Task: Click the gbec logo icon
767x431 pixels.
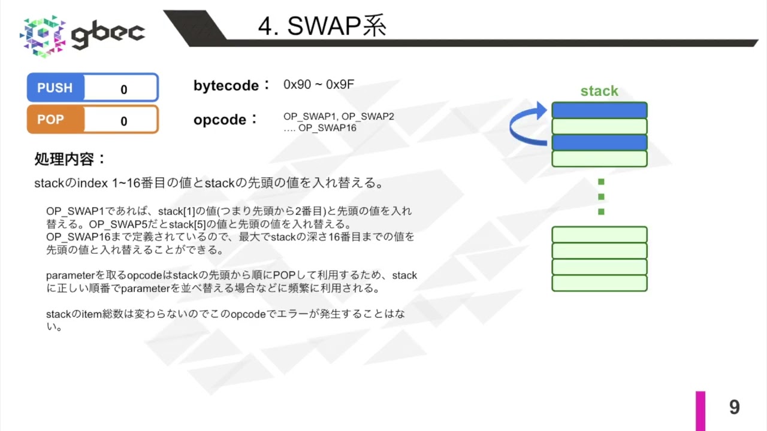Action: tap(43, 36)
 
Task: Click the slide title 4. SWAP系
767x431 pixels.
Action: tap(322, 26)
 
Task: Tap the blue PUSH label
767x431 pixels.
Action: tap(55, 88)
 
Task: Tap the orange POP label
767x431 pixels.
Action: tap(50, 119)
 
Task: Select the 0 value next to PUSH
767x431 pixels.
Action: tap(123, 90)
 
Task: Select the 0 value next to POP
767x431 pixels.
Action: tap(123, 121)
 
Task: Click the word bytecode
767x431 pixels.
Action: tap(226, 86)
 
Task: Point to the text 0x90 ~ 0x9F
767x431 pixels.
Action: tap(318, 84)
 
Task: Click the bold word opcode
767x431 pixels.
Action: tap(220, 120)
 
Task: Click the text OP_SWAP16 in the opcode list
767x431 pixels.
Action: tap(327, 128)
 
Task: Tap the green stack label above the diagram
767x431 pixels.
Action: tap(599, 91)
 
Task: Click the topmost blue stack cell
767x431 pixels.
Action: tap(599, 111)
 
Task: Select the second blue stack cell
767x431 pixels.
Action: tap(599, 142)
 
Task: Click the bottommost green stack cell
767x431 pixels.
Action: tap(599, 283)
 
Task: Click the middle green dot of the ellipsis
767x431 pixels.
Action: tap(601, 196)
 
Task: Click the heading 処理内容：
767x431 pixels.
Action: tap(70, 159)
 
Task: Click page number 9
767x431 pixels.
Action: tap(734, 408)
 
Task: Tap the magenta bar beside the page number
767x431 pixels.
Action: tap(700, 411)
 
